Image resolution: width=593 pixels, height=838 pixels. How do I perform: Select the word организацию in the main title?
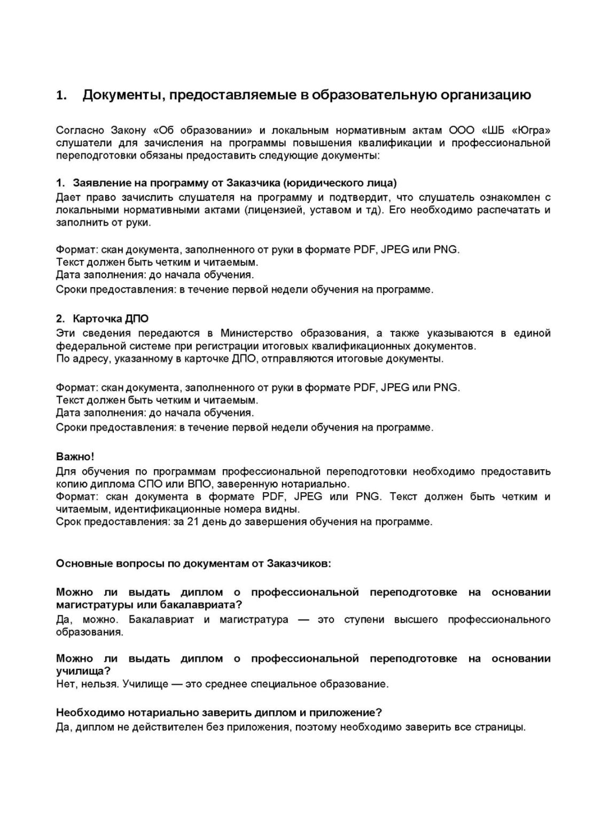pyautogui.click(x=485, y=96)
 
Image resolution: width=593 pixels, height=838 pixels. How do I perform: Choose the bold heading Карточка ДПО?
pyautogui.click(x=111, y=319)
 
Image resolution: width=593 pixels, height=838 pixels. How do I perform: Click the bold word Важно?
pyautogui.click(x=75, y=457)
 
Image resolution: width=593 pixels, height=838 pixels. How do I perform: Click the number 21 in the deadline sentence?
pyautogui.click(x=193, y=522)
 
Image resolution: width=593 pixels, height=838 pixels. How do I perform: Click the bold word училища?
pyautogui.click(x=83, y=671)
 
